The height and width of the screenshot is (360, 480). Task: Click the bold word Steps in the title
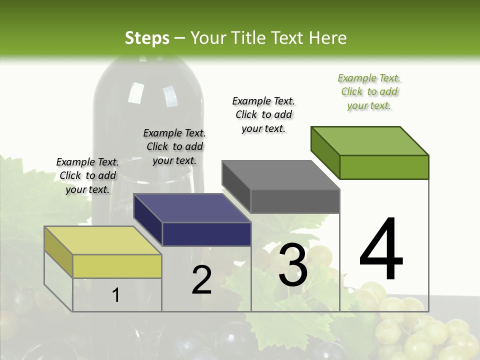147,38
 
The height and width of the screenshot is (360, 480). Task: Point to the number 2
201,280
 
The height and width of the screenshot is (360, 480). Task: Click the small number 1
116,295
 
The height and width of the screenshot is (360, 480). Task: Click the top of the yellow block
102,240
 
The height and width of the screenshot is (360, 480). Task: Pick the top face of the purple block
192,208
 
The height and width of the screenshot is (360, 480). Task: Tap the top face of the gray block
280,175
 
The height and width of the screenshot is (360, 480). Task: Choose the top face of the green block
370,140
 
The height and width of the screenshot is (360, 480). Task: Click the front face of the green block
384,167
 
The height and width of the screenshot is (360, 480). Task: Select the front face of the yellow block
117,266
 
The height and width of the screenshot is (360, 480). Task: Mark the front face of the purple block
206,234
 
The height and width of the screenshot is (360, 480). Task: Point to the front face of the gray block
295,201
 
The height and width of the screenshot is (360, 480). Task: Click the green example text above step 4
369,91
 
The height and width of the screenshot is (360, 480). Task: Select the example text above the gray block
263,114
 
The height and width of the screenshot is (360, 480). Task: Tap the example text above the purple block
174,146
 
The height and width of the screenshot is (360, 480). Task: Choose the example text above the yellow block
87,175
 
